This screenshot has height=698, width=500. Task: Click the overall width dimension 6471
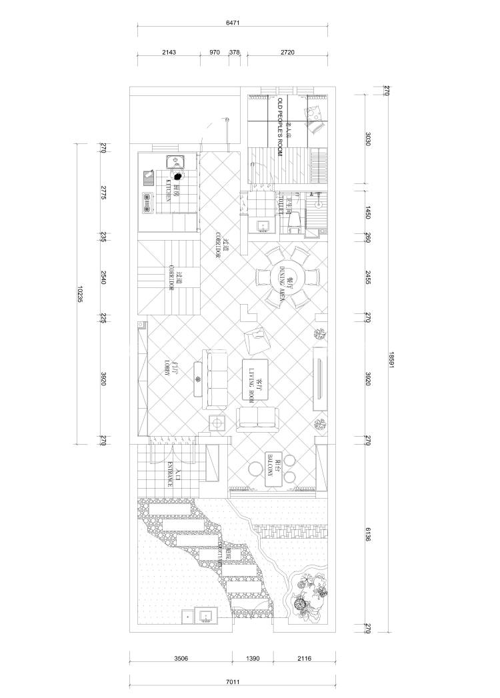tap(233, 23)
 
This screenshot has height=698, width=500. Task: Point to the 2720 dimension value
tap(289, 51)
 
